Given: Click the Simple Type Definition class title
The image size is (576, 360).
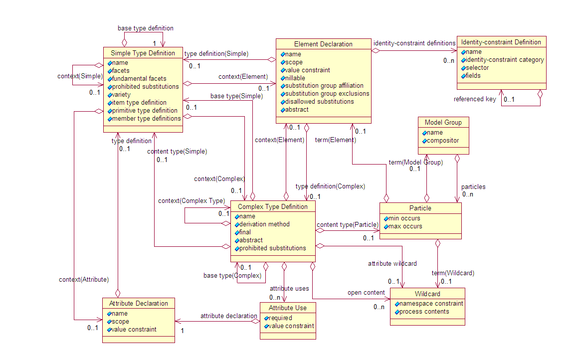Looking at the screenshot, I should click(143, 53).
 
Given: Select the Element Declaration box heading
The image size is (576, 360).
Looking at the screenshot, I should click(323, 44).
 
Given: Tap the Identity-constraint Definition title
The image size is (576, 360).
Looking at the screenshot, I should click(501, 42).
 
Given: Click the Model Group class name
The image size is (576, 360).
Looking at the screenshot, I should click(443, 122).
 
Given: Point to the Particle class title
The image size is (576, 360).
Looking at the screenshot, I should click(420, 208).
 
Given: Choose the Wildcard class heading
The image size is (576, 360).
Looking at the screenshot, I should click(427, 294).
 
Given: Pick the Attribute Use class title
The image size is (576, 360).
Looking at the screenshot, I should click(288, 308).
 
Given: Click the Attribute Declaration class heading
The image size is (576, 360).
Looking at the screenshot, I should click(139, 303).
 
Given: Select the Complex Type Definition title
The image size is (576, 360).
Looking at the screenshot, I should click(273, 206).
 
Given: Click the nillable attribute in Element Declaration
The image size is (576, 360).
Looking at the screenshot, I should click(296, 78).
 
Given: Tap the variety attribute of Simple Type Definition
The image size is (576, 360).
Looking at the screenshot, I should click(121, 95).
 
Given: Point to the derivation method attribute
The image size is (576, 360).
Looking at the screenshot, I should click(264, 224).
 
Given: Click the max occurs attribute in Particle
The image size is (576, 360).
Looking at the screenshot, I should click(405, 226).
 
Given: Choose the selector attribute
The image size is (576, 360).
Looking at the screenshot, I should click(477, 68).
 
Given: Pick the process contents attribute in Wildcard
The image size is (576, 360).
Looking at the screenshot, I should click(424, 312).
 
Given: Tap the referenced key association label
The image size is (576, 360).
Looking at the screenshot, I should click(475, 99).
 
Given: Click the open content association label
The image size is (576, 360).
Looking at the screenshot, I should click(366, 293).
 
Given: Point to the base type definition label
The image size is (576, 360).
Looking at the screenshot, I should click(146, 28).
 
